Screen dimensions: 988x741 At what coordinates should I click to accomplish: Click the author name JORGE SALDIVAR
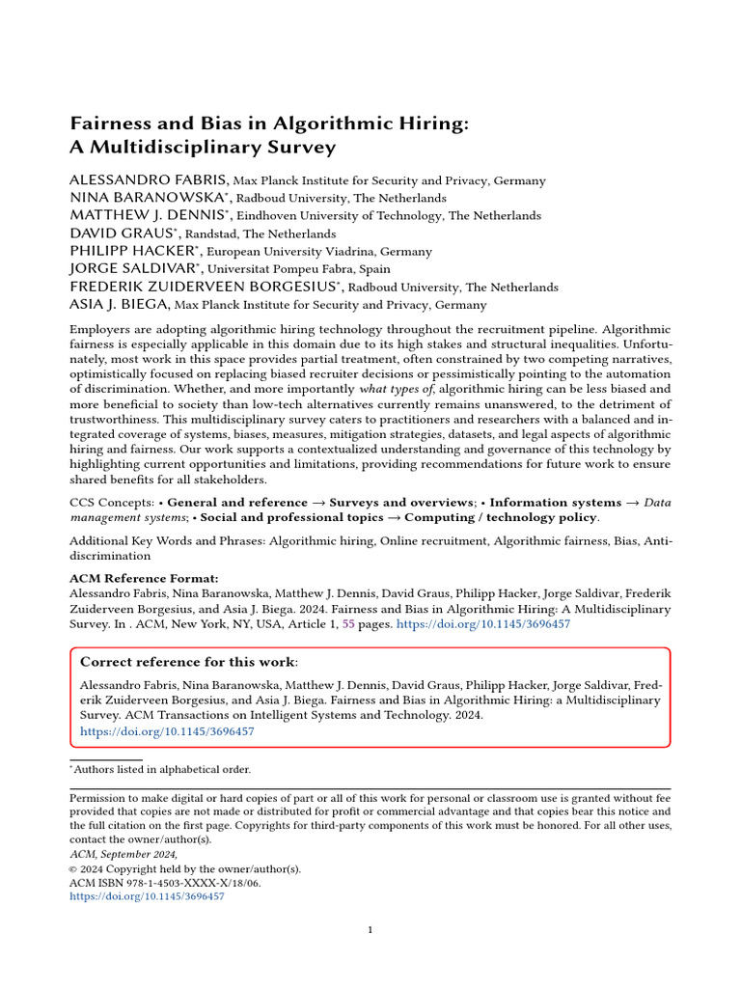[x=132, y=268]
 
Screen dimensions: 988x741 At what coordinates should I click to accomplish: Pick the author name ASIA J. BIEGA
[x=119, y=304]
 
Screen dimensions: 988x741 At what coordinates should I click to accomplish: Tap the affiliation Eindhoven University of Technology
[x=342, y=216]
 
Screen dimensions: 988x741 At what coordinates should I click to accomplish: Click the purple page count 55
[x=349, y=624]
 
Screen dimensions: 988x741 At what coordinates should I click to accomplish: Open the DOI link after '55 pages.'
[x=483, y=624]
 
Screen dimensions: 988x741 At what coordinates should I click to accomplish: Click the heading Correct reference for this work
[x=189, y=662]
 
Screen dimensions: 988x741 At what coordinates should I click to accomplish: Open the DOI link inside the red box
[x=167, y=731]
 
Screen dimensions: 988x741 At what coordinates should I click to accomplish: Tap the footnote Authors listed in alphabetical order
[x=162, y=769]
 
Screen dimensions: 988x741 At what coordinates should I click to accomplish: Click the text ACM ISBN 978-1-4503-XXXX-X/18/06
[x=166, y=882]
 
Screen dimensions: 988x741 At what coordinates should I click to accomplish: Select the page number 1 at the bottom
[x=370, y=930]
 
